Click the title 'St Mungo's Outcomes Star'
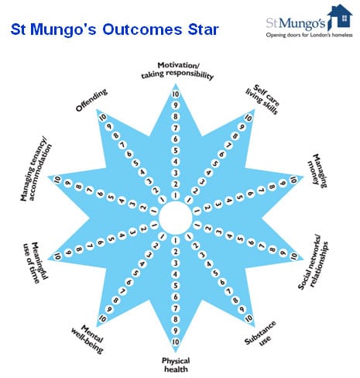(115, 29)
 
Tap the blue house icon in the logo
(340, 16)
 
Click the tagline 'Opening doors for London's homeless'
(309, 35)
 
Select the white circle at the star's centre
(176, 218)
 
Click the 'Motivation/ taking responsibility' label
(178, 70)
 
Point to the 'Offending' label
(91, 100)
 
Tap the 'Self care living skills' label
(262, 99)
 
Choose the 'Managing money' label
(317, 170)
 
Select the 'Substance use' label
(261, 334)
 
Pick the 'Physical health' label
(176, 365)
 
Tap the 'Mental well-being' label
(87, 338)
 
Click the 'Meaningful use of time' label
(36, 262)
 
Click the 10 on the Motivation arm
(176, 94)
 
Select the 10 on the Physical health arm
(176, 342)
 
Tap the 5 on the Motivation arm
(176, 150)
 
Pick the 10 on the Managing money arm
(293, 180)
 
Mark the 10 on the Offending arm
(103, 118)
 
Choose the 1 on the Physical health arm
(176, 241)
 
